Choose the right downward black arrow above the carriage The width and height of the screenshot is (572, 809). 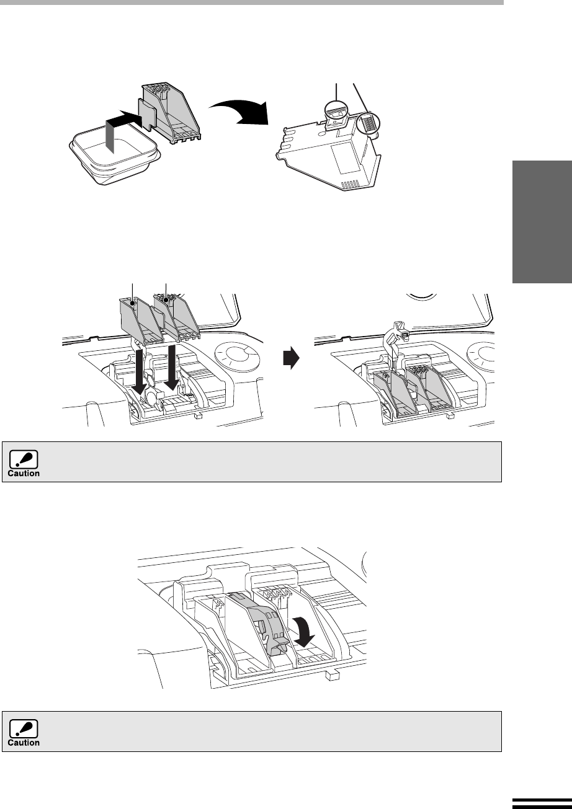coord(172,368)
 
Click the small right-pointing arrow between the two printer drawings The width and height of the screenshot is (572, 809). coord(291,358)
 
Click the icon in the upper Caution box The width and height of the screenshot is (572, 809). coord(24,459)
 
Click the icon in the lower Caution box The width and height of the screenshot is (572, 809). coord(24,729)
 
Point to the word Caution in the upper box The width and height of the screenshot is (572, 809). coord(24,474)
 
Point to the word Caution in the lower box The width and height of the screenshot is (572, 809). coord(24,743)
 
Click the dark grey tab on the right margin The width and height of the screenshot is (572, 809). coord(542,222)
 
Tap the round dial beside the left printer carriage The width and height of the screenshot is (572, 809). coord(237,358)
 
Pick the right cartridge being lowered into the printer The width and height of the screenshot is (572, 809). coord(177,317)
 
